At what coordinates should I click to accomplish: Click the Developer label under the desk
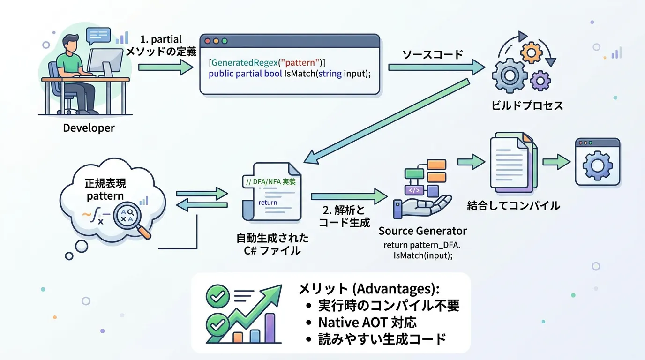click(x=89, y=128)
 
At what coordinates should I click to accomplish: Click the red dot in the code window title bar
click(x=208, y=41)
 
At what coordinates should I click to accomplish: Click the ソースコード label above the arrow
click(x=433, y=54)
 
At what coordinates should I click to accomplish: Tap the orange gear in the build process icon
click(x=531, y=53)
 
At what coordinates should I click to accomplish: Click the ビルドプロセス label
click(x=527, y=105)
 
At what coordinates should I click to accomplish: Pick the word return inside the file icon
click(x=268, y=202)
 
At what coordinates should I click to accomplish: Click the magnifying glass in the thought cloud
click(x=130, y=217)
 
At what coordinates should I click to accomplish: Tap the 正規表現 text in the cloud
click(x=105, y=183)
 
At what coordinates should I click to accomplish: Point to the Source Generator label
click(x=422, y=231)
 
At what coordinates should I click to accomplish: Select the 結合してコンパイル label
click(x=513, y=205)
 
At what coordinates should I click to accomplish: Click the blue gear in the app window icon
click(x=597, y=165)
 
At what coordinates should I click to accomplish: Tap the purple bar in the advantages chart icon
click(x=270, y=328)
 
